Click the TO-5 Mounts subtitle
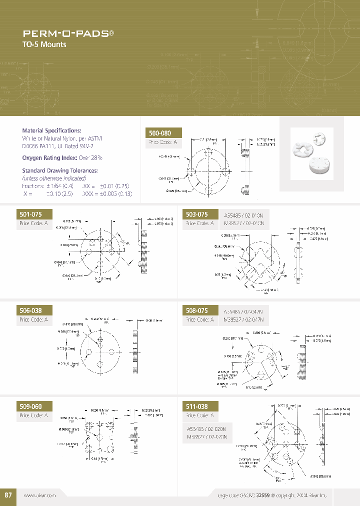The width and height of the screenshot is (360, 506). tap(44, 44)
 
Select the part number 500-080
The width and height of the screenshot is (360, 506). tap(160, 133)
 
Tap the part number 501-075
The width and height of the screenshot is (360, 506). tap(30, 214)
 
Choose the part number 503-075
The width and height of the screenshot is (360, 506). tap(196, 214)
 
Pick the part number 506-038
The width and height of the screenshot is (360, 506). tap(30, 310)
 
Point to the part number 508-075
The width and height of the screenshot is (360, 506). tap(196, 310)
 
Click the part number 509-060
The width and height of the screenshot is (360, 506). tap(30, 406)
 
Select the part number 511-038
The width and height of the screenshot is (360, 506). tap(196, 406)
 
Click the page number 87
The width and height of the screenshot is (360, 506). tap(8, 494)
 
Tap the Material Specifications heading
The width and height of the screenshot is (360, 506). tap(51, 130)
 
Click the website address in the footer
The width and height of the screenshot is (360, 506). tap(39, 494)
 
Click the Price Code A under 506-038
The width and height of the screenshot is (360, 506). tap(33, 319)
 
